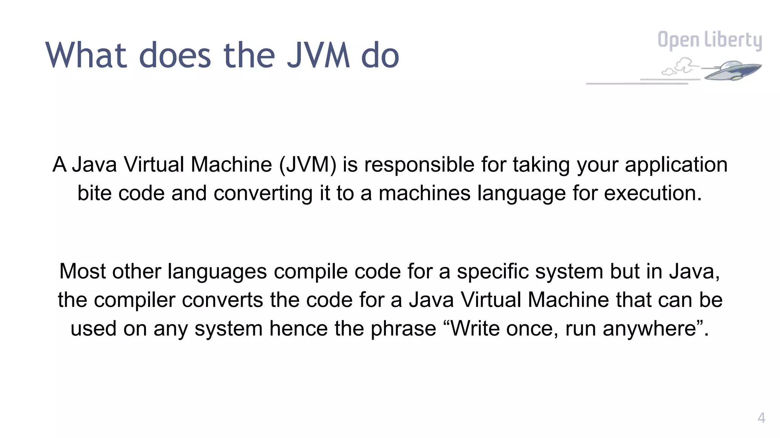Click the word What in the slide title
tap(86, 56)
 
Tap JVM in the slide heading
tap(318, 56)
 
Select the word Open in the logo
tap(678, 40)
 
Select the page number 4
tap(761, 418)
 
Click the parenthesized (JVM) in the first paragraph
tap(308, 165)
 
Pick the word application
tap(676, 165)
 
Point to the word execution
tap(652, 193)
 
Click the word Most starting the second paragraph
tap(82, 271)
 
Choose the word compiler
tap(135, 300)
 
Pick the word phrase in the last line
tap(403, 328)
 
